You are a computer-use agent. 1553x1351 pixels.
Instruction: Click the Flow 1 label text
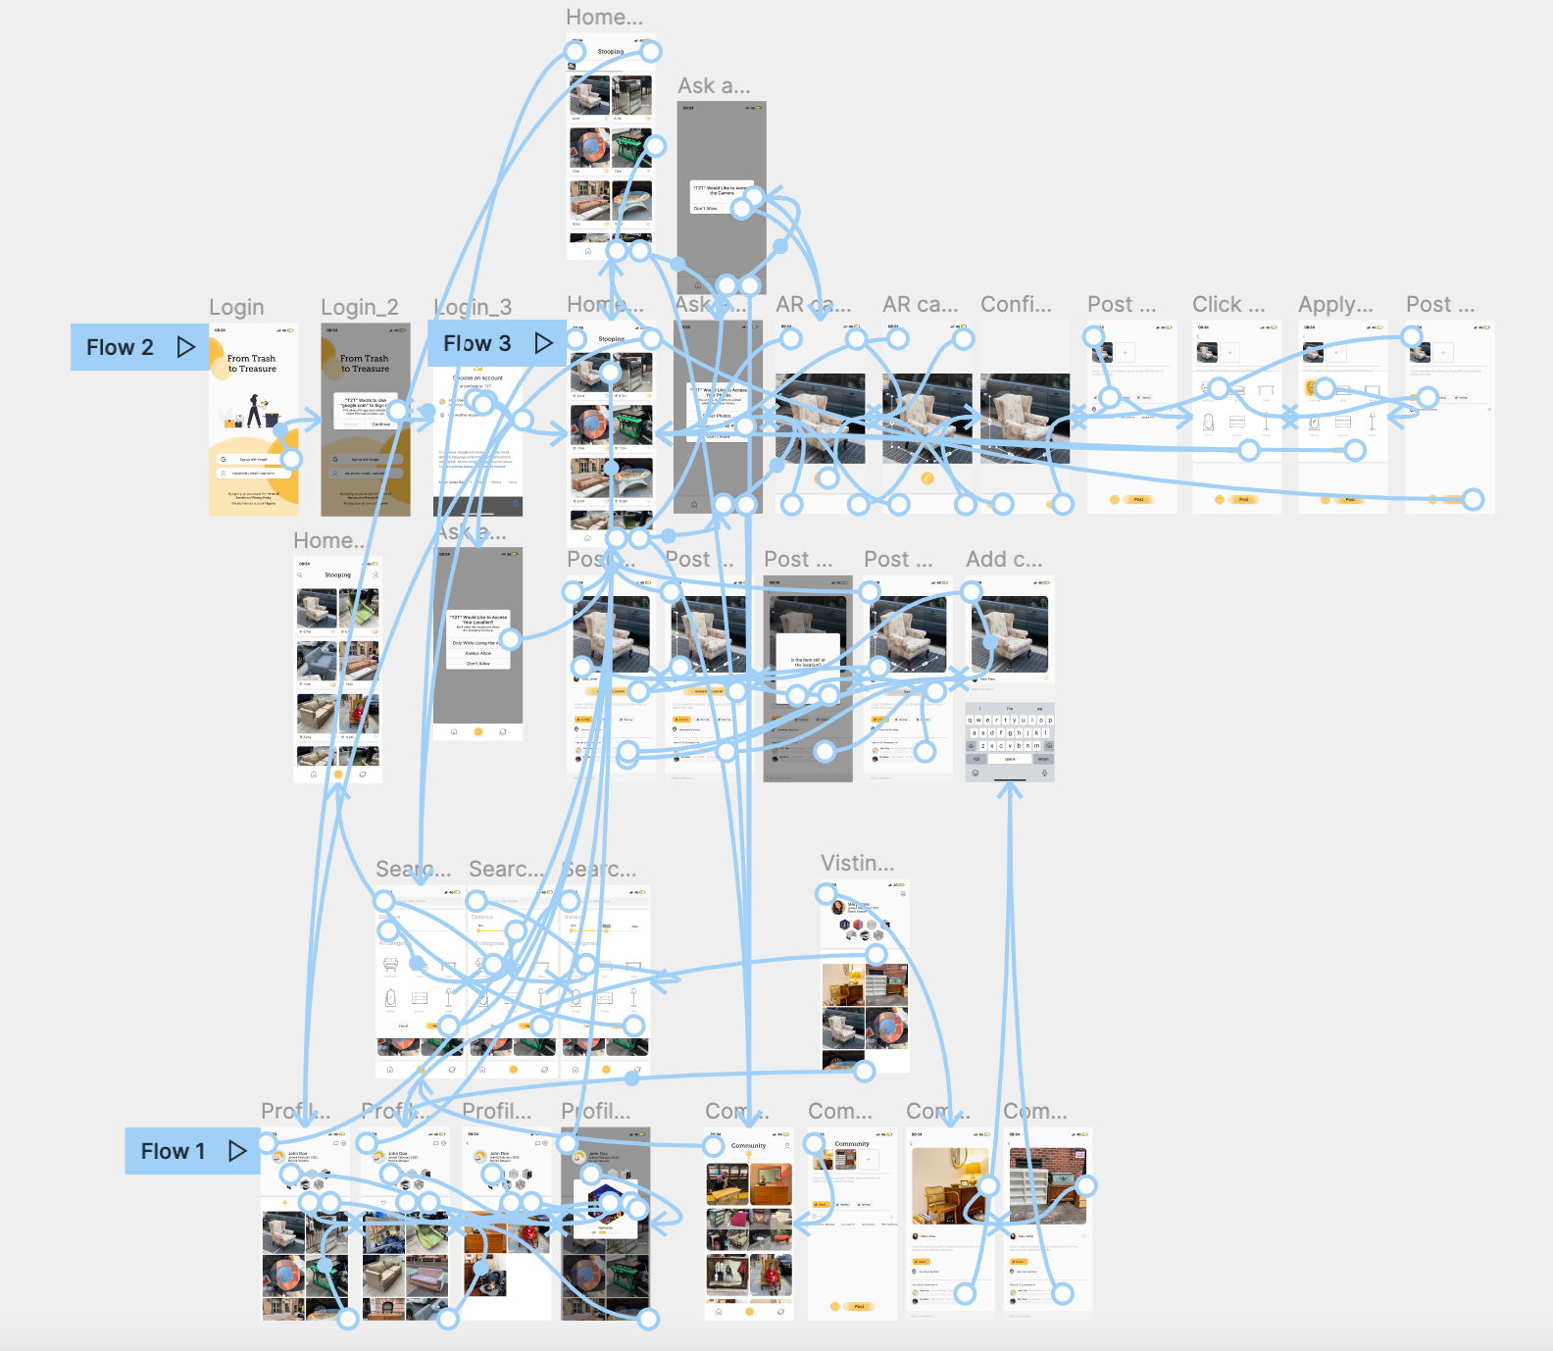[173, 1151]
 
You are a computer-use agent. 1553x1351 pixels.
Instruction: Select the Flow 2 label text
[120, 347]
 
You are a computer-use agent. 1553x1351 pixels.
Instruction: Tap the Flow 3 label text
[476, 343]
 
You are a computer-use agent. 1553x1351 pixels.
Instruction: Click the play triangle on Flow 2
[185, 347]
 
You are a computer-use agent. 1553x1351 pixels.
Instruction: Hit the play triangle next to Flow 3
[543, 343]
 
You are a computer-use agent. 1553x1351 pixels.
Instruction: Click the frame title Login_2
[360, 308]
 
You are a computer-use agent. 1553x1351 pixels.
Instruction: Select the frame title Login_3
[474, 308]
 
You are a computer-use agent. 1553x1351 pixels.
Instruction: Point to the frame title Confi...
[1016, 305]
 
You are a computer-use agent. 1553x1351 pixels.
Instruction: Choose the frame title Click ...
[1228, 305]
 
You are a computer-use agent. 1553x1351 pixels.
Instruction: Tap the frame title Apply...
[1335, 305]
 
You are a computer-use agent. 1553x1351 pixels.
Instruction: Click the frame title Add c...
[1004, 560]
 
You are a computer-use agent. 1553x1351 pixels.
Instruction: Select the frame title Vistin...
[857, 864]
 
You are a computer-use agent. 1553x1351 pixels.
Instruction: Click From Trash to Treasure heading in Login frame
[252, 364]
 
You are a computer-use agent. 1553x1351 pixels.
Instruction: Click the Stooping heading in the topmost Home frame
[611, 52]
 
